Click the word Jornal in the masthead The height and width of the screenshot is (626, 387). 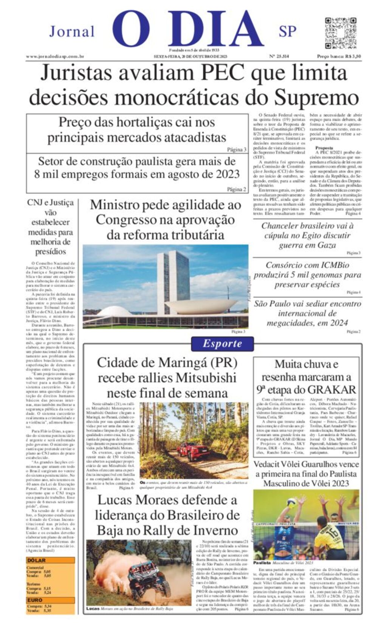click(72, 31)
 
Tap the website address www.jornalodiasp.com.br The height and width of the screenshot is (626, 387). click(55, 56)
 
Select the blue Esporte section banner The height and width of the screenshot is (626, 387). click(222, 344)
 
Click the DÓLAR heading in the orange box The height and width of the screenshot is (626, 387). click(37, 560)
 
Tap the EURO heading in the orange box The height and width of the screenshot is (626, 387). click(35, 600)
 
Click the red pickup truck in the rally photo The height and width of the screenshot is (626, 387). click(193, 449)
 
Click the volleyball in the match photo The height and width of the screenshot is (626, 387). click(291, 503)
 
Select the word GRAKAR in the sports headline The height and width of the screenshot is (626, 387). click(332, 390)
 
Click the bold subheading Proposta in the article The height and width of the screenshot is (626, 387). click(324, 148)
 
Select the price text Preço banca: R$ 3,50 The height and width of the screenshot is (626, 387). click(339, 56)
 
